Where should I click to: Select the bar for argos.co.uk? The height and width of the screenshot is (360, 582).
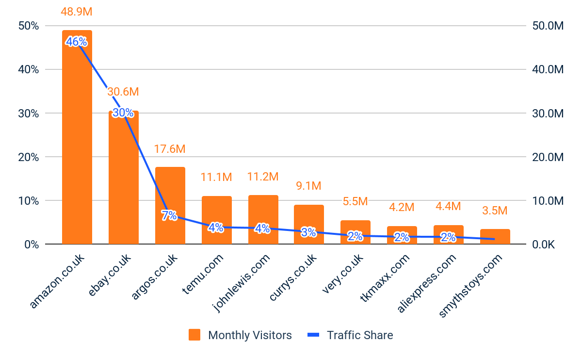(x=170, y=194)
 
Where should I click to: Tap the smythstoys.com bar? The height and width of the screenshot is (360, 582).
(x=495, y=237)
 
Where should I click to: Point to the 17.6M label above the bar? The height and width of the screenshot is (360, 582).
(x=170, y=149)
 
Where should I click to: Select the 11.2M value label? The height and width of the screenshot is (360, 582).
(x=263, y=177)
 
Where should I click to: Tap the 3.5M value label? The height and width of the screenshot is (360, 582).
(x=495, y=211)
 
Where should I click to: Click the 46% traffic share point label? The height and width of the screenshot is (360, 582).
(x=77, y=42)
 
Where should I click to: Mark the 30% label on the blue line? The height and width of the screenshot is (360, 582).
(x=123, y=113)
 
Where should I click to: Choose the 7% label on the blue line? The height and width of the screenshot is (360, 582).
(x=170, y=216)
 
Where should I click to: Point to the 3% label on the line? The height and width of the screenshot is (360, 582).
(x=309, y=232)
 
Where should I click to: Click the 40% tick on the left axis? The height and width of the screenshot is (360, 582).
(x=28, y=69)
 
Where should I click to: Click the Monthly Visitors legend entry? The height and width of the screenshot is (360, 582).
(x=241, y=335)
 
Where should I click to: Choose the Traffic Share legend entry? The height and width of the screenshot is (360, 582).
(x=350, y=335)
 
